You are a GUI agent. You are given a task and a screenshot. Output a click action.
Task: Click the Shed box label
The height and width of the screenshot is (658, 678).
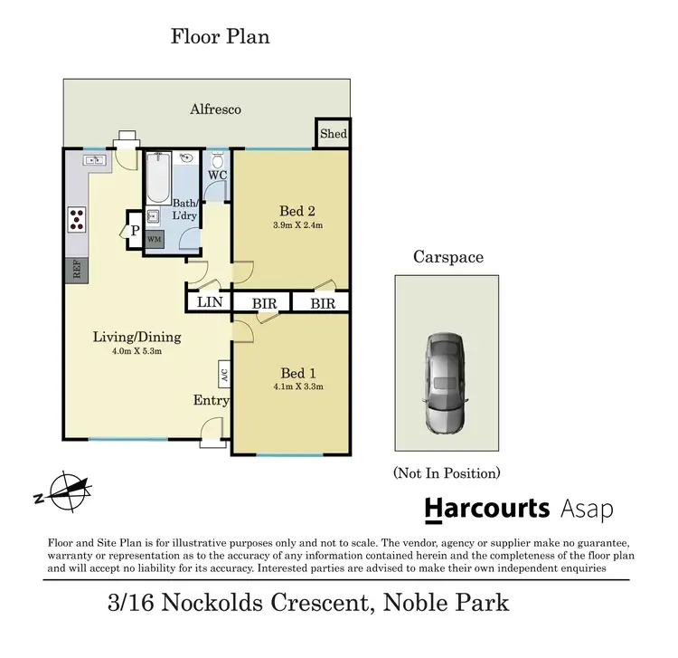point(334,134)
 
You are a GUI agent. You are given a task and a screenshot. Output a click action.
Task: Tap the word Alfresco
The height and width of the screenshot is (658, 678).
point(215,110)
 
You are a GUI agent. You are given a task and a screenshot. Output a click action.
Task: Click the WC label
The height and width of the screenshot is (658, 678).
point(217,175)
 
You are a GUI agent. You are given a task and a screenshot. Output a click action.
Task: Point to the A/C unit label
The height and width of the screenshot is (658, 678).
point(222,373)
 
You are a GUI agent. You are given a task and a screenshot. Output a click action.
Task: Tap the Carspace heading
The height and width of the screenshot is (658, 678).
point(447,257)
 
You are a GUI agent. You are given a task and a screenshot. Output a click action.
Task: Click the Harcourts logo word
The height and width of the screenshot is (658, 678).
point(487,508)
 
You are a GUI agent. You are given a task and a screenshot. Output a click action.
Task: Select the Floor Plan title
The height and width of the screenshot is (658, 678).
point(221,37)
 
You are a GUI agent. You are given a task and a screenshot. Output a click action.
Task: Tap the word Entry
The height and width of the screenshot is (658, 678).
point(212,400)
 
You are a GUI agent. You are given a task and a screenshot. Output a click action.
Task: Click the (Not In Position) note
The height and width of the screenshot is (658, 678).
point(447,472)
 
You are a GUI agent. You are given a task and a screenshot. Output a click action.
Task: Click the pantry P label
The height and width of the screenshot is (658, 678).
point(135,230)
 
